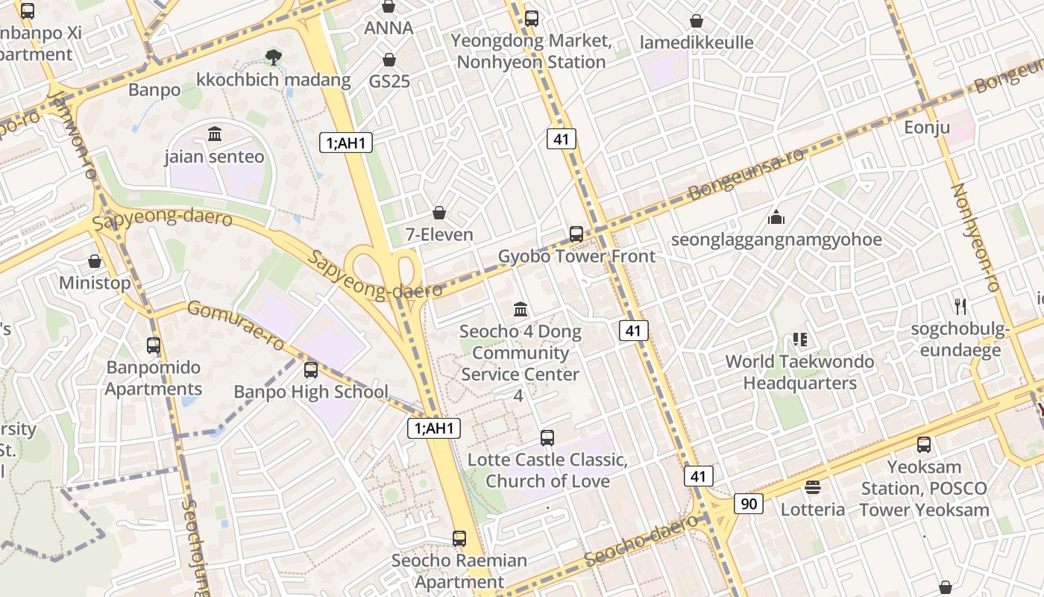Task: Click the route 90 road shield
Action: [749, 504]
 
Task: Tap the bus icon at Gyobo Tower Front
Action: [576, 234]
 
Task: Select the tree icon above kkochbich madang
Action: [274, 56]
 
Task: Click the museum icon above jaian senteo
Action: [215, 134]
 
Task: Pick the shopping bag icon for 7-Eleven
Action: [439, 213]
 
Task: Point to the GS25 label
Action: [389, 81]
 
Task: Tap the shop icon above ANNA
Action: [388, 7]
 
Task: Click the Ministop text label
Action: [95, 283]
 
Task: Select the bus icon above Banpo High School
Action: [311, 369]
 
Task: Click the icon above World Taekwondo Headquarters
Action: [800, 340]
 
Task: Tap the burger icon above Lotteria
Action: [813, 487]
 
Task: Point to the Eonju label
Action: [927, 127]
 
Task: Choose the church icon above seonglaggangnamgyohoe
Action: [776, 217]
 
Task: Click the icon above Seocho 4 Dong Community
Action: [521, 309]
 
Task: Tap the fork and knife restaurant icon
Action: [960, 306]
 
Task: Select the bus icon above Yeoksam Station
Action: [924, 445]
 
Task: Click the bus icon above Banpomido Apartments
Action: [154, 346]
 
